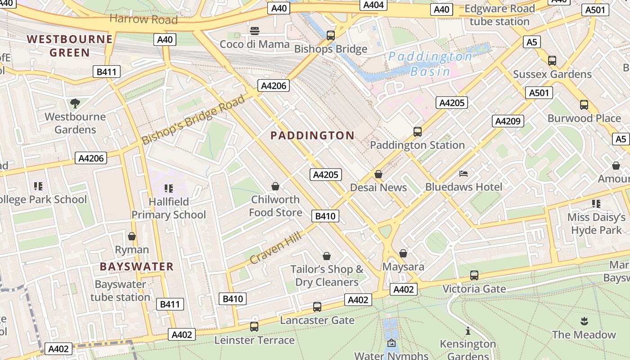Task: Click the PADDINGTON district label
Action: [312, 135]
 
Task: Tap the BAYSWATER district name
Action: [136, 266]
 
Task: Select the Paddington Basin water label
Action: [430, 64]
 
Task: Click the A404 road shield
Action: [373, 5]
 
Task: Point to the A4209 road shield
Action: [508, 121]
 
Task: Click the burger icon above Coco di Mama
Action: [255, 31]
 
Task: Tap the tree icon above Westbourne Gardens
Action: [75, 103]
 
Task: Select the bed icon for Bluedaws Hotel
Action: [463, 174]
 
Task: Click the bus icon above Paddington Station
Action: [418, 132]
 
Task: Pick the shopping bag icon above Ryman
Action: [132, 236]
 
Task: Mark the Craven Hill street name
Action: [276, 246]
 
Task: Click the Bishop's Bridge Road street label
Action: [193, 120]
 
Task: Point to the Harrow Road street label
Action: [144, 19]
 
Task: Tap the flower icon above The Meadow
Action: [584, 321]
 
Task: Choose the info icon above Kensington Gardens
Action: [468, 331]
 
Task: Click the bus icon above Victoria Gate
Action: [474, 275]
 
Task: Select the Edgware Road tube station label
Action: [499, 15]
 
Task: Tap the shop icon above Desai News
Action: [378, 174]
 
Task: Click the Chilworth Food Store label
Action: [275, 206]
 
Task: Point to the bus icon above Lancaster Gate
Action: [317, 307]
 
